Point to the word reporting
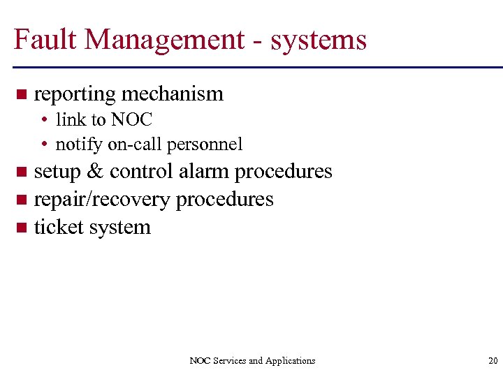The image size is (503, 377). click(75, 94)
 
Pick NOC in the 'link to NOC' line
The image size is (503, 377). click(131, 119)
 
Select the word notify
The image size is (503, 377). click(79, 145)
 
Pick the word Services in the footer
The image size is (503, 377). click(229, 361)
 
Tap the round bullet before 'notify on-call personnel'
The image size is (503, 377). click(43, 145)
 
